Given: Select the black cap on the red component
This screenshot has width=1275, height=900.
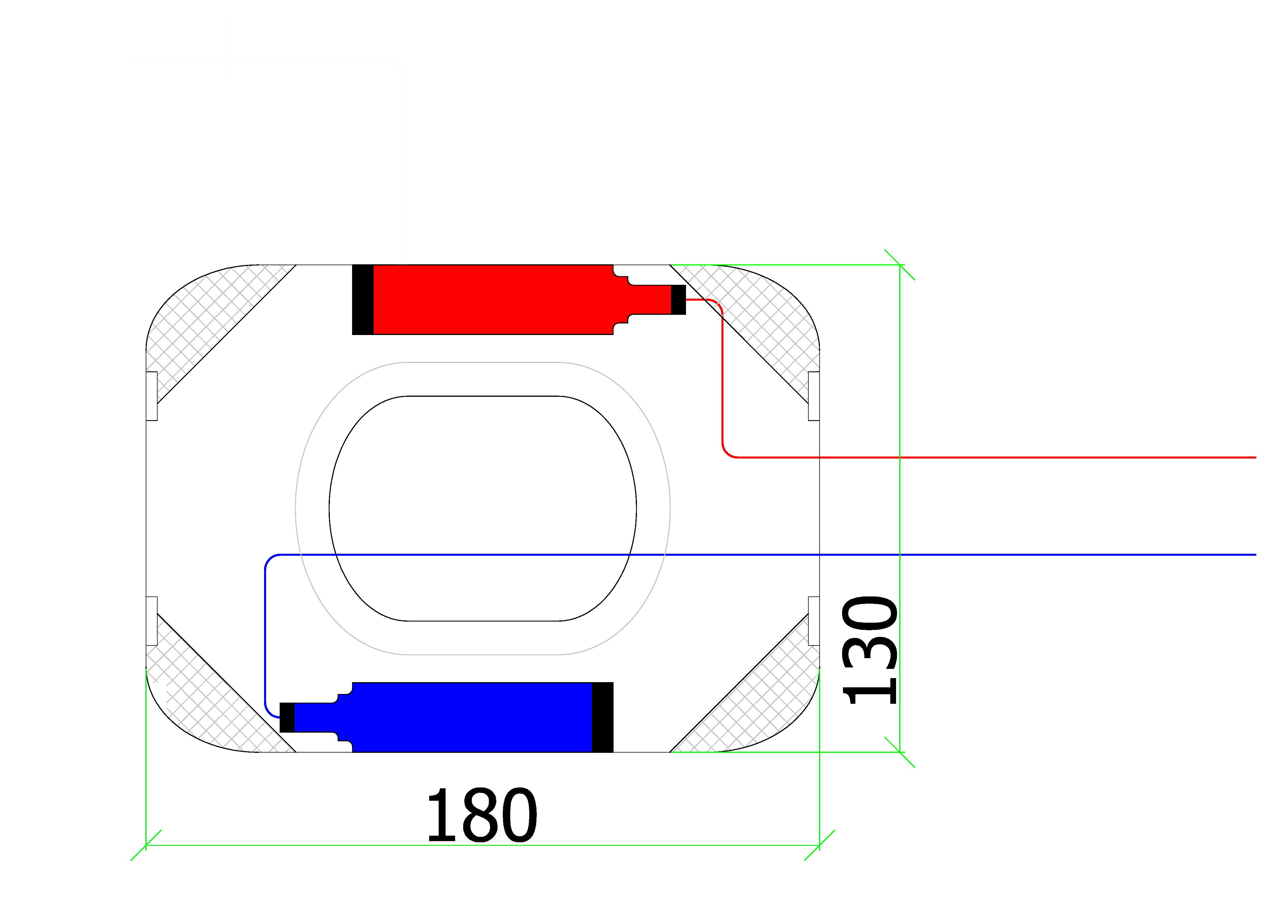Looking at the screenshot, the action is [x=363, y=300].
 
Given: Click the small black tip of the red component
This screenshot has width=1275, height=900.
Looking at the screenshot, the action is [x=678, y=300].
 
